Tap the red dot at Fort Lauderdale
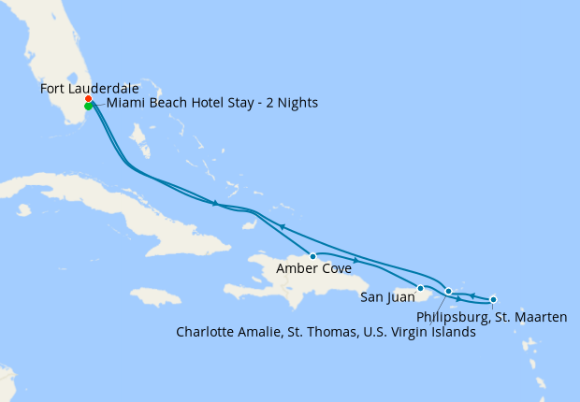point(88,98)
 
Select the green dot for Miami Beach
point(88,107)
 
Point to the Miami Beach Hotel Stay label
point(211,103)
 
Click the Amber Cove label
point(314,269)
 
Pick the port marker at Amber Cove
point(312,255)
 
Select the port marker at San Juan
point(420,288)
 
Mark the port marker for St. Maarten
point(493,299)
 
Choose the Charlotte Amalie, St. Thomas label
point(326,332)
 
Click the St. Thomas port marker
point(449,292)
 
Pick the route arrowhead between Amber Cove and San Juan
point(355,260)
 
